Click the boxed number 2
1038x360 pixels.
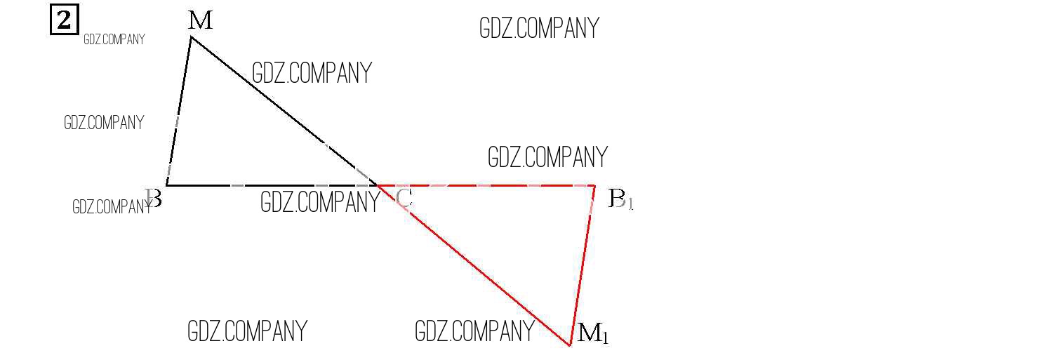point(65,20)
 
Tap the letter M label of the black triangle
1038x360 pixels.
point(201,21)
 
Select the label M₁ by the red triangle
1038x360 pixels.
point(593,333)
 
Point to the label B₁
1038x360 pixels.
point(620,199)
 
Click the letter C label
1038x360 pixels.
point(404,199)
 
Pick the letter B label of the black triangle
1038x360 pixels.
point(154,199)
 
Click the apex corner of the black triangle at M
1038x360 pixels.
point(192,36)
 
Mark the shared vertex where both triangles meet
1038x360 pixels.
point(379,186)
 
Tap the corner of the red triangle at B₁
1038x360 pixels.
point(595,186)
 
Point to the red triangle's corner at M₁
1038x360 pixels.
point(570,345)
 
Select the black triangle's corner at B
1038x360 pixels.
point(166,185)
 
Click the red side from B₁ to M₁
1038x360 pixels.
point(583,265)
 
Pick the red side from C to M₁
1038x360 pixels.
point(474,265)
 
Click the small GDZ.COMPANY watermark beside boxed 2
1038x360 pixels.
point(114,39)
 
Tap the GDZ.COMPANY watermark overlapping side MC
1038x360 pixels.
point(311,73)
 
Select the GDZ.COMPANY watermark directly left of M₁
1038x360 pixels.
point(474,331)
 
